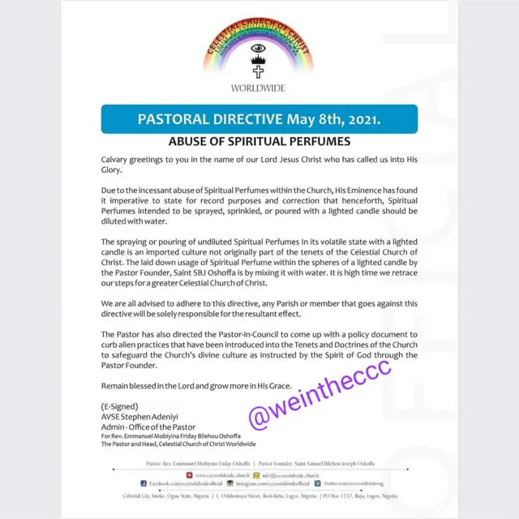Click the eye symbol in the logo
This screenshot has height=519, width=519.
(x=258, y=49)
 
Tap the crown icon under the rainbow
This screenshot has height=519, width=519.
(x=258, y=59)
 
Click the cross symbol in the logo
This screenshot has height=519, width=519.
(x=258, y=71)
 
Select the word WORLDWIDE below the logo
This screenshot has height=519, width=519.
(x=258, y=88)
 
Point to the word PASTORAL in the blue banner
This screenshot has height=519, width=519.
(x=170, y=119)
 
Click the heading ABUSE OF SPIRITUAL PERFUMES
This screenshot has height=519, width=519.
(x=259, y=141)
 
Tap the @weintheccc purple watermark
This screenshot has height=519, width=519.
(x=320, y=404)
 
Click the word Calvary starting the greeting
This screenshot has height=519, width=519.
(x=118, y=161)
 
